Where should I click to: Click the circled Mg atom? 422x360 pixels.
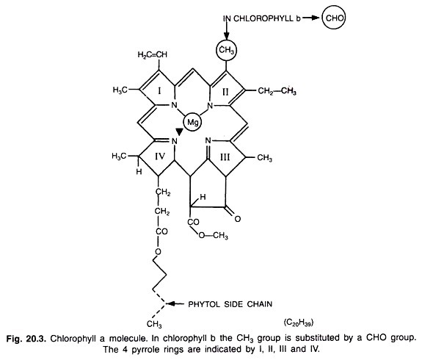pyautogui.click(x=193, y=123)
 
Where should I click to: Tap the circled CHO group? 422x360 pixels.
pyautogui.click(x=334, y=18)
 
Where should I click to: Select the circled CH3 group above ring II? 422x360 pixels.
pyautogui.click(x=227, y=50)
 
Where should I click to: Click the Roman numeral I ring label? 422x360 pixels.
pyautogui.click(x=159, y=91)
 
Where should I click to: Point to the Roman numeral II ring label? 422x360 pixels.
pyautogui.click(x=225, y=92)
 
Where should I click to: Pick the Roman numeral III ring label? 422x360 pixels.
pyautogui.click(x=225, y=156)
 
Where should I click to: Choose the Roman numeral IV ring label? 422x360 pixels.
pyautogui.click(x=160, y=156)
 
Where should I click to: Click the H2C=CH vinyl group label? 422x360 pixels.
pyautogui.click(x=153, y=54)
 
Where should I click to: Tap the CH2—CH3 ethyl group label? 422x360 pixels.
pyautogui.click(x=277, y=91)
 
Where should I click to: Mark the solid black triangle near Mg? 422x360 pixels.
pyautogui.click(x=180, y=132)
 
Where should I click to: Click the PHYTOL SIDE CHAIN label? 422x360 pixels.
pyautogui.click(x=230, y=304)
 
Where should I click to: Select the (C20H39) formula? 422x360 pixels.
pyautogui.click(x=299, y=323)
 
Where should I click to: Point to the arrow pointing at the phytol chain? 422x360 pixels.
pyautogui.click(x=175, y=304)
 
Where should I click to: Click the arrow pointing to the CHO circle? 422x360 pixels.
pyautogui.click(x=312, y=18)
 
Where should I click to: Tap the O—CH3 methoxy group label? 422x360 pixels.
pyautogui.click(x=213, y=236)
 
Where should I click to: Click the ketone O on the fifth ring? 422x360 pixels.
pyautogui.click(x=237, y=219)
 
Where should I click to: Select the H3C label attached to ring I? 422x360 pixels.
pyautogui.click(x=120, y=90)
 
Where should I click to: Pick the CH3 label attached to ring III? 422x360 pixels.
pyautogui.click(x=264, y=158)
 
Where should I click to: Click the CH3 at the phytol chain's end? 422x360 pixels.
pyautogui.click(x=154, y=324)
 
